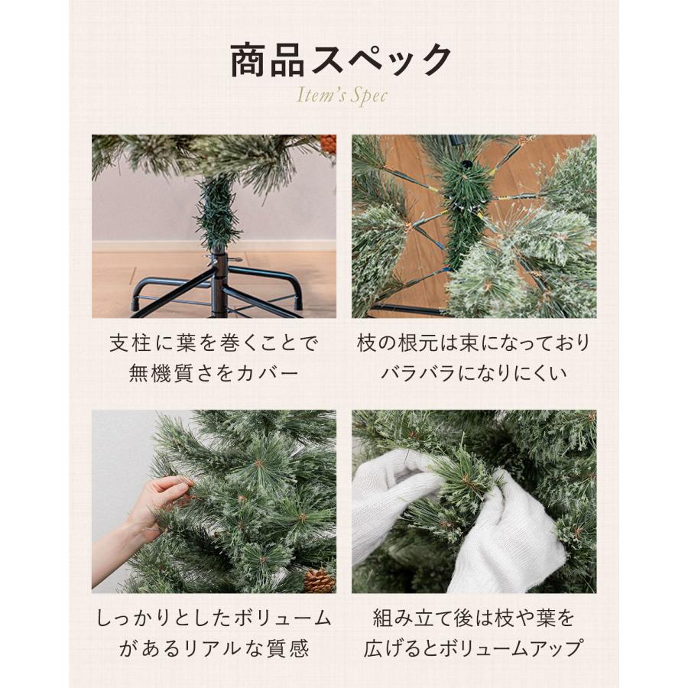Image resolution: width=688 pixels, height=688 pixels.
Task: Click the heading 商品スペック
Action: pos(341,60)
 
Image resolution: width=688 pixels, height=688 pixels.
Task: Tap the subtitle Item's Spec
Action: pos(341,96)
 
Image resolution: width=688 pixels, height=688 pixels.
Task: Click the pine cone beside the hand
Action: pos(319,581)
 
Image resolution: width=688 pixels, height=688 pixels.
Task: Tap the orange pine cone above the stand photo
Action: pos(328,144)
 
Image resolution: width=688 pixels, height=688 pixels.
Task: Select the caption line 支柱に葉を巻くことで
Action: pos(213,342)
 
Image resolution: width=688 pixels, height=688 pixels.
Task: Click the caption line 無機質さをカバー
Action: pos(213,374)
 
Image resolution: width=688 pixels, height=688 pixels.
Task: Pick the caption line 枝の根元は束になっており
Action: pos(473,342)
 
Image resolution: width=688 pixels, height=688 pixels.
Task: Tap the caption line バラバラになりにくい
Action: pos(473,374)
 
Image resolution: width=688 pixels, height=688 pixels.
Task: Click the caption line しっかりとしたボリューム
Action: pos(213,618)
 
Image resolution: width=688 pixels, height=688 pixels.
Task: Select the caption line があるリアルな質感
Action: pos(213,649)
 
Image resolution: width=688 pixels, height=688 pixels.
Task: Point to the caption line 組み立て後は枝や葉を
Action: pos(473,618)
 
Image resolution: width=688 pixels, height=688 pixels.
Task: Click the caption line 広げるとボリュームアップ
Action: pos(473,649)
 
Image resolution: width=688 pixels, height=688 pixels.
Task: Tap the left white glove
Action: pos(390,505)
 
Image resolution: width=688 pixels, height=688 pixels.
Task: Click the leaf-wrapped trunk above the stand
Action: pos(218,210)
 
